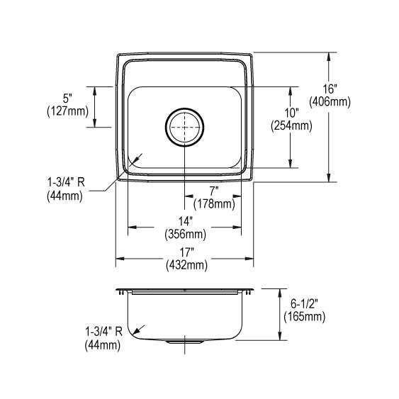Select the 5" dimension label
67,98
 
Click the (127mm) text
67,111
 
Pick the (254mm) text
291,126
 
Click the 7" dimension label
213,192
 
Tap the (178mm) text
213,204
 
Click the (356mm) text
185,234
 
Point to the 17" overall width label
185,253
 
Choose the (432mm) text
185,265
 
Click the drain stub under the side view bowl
184,343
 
